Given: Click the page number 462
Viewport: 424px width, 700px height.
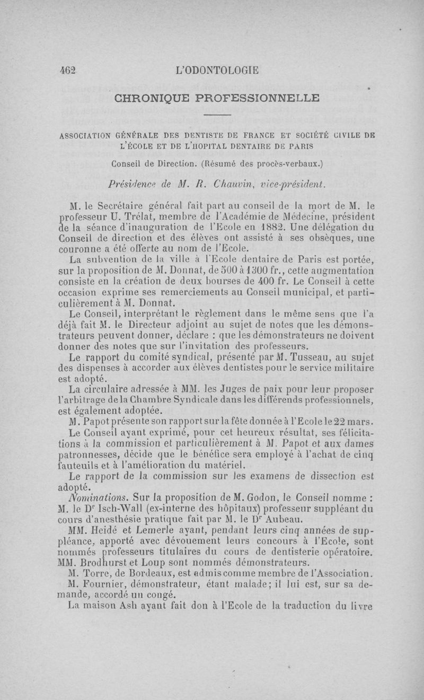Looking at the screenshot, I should pos(68,70).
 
